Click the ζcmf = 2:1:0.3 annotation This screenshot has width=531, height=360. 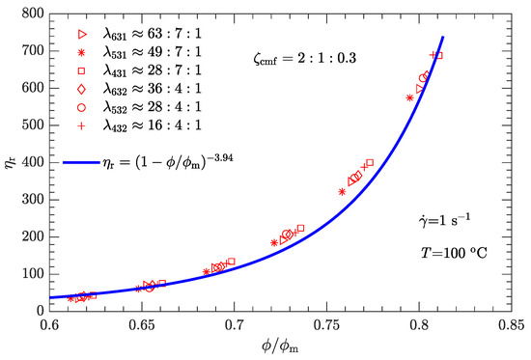(287, 59)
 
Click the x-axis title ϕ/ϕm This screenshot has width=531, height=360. (285, 346)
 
